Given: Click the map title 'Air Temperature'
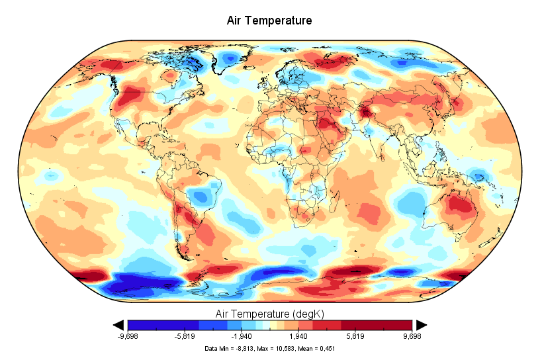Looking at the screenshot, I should (269, 21).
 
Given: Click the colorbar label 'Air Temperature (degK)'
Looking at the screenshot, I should (269, 312).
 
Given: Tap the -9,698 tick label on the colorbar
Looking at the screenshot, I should (128, 336).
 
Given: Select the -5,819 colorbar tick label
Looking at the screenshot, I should (185, 336).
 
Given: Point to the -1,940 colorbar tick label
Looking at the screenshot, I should (242, 336).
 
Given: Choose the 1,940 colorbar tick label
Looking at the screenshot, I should (298, 336).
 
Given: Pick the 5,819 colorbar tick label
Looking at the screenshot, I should (355, 336).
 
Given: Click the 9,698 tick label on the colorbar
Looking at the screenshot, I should (412, 336).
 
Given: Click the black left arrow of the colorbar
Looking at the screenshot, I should (119, 324).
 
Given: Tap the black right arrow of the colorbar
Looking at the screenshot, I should (421, 324).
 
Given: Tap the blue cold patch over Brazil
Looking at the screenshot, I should (201, 195).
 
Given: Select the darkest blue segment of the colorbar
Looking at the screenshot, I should (142, 324).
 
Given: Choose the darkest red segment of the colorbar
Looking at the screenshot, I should (398, 324).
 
